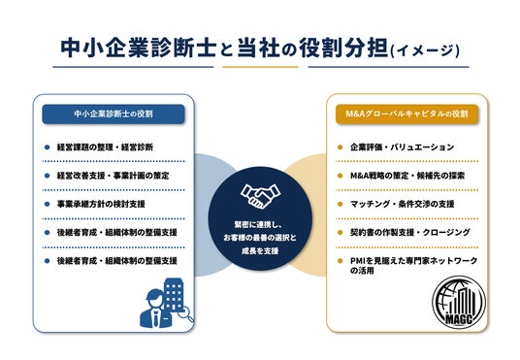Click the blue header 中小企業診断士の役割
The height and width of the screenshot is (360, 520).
click(114, 115)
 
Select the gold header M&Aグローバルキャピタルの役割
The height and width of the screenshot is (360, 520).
click(406, 115)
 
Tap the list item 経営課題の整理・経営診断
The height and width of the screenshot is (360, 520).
click(105, 147)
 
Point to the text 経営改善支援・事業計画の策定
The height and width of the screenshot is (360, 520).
click(114, 176)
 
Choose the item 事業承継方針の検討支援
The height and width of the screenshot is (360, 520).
click(101, 204)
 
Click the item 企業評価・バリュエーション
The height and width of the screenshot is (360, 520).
click(402, 147)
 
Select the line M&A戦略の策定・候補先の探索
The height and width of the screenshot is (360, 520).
click(407, 176)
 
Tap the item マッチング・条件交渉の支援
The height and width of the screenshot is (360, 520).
click(403, 204)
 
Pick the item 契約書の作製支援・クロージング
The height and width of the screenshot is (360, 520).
click(410, 232)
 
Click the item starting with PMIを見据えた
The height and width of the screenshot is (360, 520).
click(413, 266)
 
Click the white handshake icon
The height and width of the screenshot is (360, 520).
click(261, 196)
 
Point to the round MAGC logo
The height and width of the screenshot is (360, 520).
click(459, 303)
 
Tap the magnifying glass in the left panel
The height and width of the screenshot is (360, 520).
click(186, 313)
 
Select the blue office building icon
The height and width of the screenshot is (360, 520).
click(174, 295)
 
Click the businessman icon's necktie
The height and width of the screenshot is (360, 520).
click(156, 319)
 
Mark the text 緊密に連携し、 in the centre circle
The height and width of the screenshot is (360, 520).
click(258, 225)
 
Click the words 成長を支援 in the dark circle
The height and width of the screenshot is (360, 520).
click(260, 251)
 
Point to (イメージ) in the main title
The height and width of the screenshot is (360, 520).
click(426, 50)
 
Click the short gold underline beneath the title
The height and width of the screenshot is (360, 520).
click(260, 67)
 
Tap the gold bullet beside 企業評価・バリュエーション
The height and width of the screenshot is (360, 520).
click(340, 147)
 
